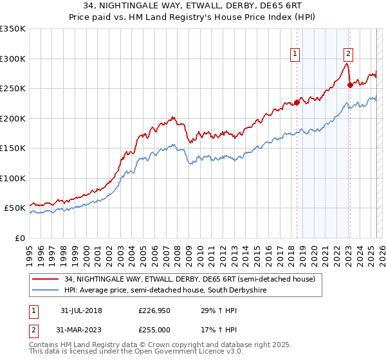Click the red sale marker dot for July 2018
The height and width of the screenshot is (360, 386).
click(x=297, y=102)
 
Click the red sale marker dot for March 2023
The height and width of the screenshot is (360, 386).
click(x=349, y=85)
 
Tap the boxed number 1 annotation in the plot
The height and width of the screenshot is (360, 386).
click(x=295, y=55)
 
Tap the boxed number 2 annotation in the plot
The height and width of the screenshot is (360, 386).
click(x=348, y=55)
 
